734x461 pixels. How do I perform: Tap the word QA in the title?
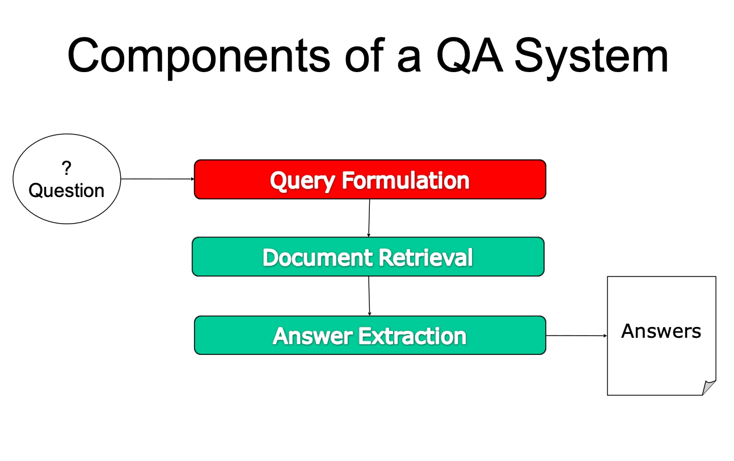tap(470, 55)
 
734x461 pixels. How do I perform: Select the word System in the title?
tap(592, 58)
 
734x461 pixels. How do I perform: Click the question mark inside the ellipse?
tap(66, 168)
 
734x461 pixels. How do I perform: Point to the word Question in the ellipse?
tap(66, 191)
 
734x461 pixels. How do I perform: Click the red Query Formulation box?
tap(370, 179)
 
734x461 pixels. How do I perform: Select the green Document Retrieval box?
tap(368, 257)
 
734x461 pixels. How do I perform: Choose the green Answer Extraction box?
tap(370, 335)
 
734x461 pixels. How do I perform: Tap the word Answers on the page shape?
tap(661, 331)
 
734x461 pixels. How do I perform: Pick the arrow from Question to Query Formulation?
tap(158, 179)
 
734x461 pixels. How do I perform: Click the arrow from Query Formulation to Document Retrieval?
tap(369, 218)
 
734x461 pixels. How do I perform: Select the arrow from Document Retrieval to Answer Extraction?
tap(369, 296)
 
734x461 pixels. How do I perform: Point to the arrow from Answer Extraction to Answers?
tap(577, 336)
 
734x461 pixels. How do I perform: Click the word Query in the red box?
tap(302, 181)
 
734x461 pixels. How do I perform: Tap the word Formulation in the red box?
tap(406, 180)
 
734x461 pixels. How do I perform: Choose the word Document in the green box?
tap(317, 257)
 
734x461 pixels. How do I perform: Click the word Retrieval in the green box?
tap(425, 257)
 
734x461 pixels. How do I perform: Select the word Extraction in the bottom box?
tap(412, 337)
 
